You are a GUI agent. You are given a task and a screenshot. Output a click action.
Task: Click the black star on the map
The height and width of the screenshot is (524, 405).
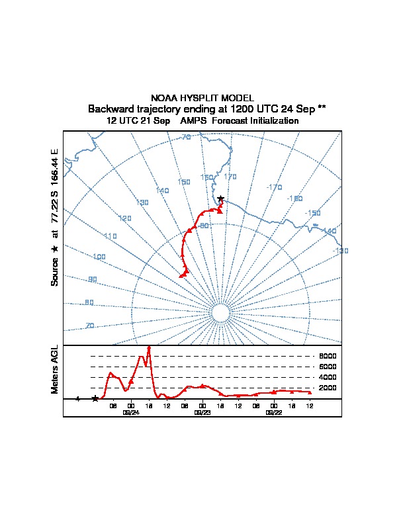coord(220,199)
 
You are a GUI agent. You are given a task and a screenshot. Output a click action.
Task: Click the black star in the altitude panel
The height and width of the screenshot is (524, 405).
coord(95,398)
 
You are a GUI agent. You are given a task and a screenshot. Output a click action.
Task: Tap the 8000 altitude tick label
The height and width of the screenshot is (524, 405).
coord(328,356)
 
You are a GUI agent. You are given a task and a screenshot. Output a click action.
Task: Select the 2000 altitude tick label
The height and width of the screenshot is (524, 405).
coord(328,388)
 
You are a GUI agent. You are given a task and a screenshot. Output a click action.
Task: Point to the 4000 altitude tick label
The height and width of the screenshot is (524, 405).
coord(328,377)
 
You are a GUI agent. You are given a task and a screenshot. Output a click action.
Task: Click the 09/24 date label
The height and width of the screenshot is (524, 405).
coord(131,412)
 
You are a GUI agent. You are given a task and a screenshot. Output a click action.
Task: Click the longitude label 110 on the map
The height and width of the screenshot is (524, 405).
coord(110,236)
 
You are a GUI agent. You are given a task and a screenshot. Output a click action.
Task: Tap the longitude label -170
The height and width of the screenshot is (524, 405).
coord(273,187)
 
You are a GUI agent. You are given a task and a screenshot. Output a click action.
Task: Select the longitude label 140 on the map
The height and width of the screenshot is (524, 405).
coord(162,191)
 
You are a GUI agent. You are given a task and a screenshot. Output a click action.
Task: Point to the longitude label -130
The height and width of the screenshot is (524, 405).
coord(340,251)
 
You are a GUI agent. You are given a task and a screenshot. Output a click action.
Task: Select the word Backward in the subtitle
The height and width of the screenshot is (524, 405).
coord(112,109)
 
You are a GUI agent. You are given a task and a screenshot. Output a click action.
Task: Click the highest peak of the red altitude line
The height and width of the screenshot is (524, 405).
coord(149,347)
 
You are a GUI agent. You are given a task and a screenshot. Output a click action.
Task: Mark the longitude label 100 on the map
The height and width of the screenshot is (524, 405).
coord(99,257)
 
